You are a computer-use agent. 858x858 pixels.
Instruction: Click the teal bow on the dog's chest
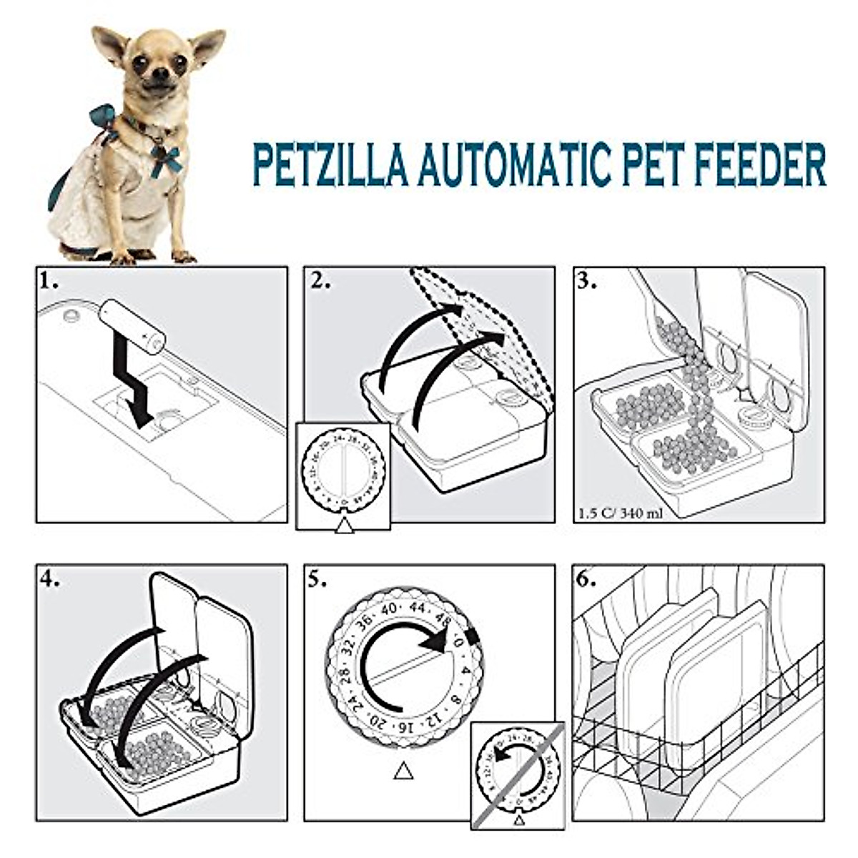(167, 159)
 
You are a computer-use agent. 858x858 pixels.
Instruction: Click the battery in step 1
(132, 325)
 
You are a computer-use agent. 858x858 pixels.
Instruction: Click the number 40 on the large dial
(388, 608)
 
